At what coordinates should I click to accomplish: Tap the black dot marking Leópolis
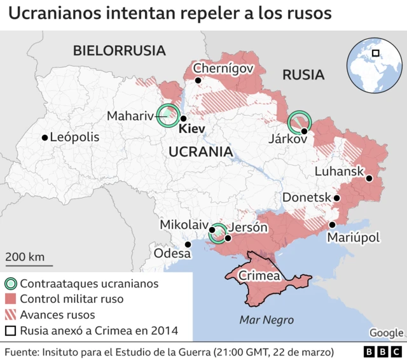tap(45, 137)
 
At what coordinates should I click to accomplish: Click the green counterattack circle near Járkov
tap(299, 121)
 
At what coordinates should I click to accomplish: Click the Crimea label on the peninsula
tap(259, 277)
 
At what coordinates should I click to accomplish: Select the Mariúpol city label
tap(353, 238)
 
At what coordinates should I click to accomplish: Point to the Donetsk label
tap(307, 198)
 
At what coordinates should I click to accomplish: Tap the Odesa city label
tap(172, 254)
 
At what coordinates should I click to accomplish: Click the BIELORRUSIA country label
tap(119, 51)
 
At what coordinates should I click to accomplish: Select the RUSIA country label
tap(303, 75)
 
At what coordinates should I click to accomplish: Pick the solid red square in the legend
tap(10, 299)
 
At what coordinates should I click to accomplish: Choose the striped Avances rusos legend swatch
tap(10, 315)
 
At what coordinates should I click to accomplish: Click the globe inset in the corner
tap(374, 64)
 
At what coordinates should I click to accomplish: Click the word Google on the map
tap(386, 333)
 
